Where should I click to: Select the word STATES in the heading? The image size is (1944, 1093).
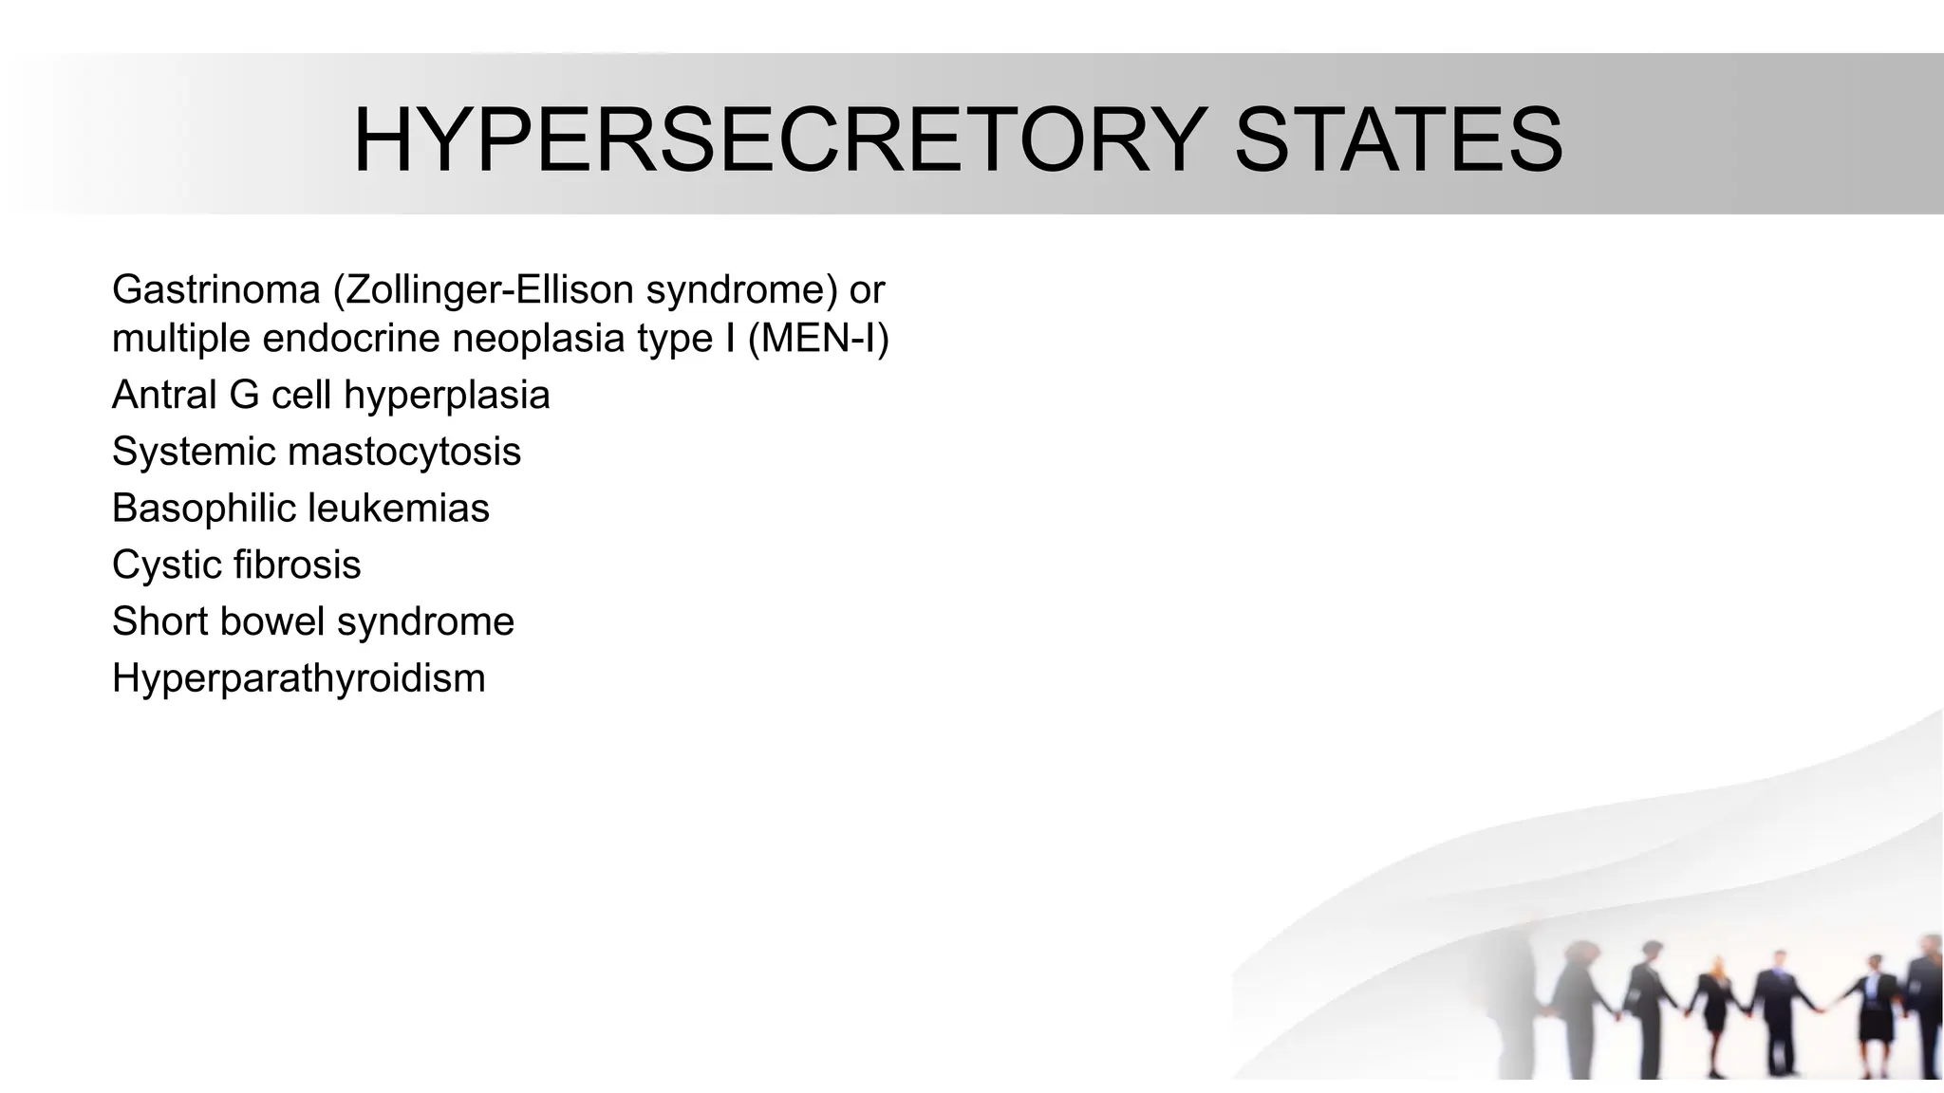coord(1398,140)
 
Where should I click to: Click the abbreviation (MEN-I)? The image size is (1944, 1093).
coord(818,339)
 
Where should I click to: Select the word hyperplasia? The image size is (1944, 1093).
coord(446,396)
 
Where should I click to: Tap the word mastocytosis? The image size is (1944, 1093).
coord(404,452)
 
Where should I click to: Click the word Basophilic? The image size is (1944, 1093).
coord(202,509)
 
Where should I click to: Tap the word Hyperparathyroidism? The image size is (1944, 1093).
coord(298,678)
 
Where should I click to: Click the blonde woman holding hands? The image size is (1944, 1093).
coord(1715,1006)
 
